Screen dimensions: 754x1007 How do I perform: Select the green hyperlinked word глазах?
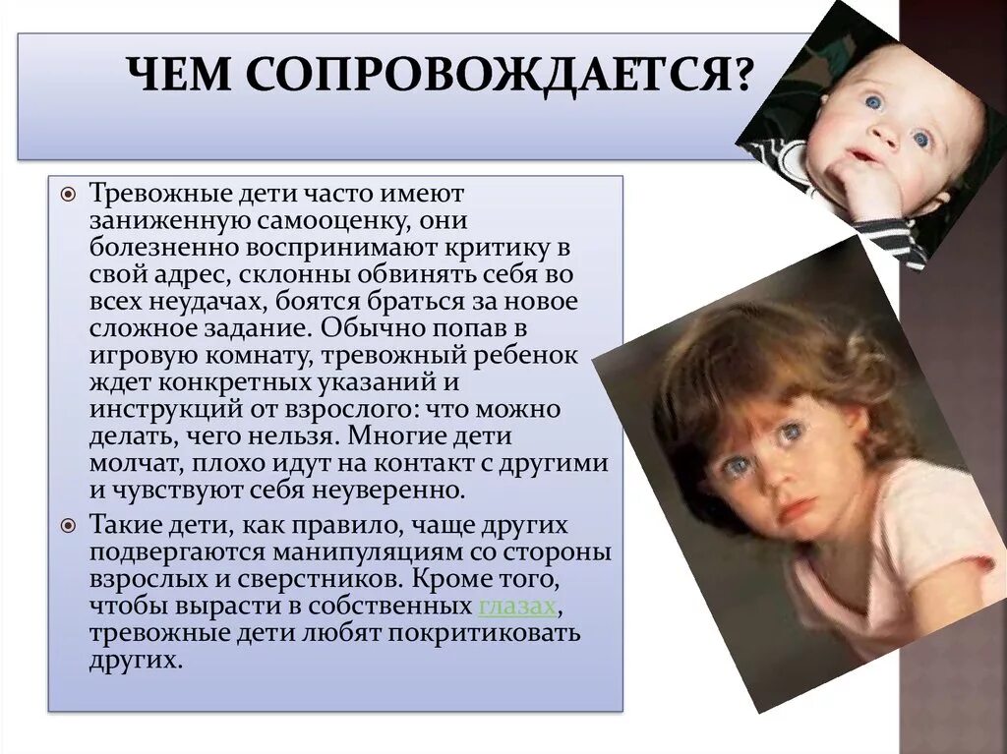click(x=518, y=607)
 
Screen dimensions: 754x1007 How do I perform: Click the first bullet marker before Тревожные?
click(x=68, y=194)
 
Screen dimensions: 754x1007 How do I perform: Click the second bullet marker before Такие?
click(x=68, y=526)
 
